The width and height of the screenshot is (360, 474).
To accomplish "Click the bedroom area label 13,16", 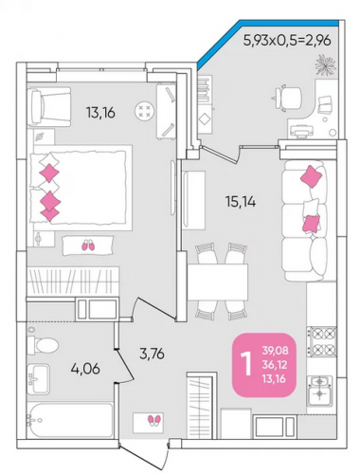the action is (x=100, y=113).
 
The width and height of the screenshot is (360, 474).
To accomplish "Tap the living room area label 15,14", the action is (x=241, y=202).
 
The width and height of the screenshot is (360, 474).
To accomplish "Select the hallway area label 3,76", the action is (x=152, y=354).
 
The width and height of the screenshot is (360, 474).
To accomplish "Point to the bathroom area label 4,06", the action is (x=85, y=369).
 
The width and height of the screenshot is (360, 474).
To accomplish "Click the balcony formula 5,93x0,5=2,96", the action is (x=287, y=41).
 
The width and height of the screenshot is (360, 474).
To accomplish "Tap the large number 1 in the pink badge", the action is (x=246, y=364).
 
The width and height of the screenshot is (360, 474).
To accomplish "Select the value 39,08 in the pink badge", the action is (x=275, y=350).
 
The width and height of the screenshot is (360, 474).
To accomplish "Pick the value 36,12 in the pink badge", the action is (x=275, y=364).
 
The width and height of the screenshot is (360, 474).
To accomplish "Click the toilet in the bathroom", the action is (x=43, y=345).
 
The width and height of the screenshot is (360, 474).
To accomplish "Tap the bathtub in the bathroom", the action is (x=70, y=420).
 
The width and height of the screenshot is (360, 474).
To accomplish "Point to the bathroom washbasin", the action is (x=38, y=378).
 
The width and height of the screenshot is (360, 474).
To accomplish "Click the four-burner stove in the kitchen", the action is (x=322, y=341).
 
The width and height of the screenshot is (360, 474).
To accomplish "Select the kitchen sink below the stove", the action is (x=319, y=391).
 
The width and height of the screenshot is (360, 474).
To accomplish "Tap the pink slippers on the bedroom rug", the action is (x=88, y=246).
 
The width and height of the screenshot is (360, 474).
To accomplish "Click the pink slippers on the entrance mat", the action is (x=154, y=420).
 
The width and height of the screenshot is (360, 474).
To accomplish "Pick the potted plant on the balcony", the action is (x=325, y=65).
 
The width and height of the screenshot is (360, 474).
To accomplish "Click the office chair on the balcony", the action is (x=286, y=98).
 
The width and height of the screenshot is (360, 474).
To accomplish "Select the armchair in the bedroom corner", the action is (x=49, y=107).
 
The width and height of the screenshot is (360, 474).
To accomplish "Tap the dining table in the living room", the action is (x=218, y=283).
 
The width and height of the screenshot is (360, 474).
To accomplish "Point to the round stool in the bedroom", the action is (x=145, y=111).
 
